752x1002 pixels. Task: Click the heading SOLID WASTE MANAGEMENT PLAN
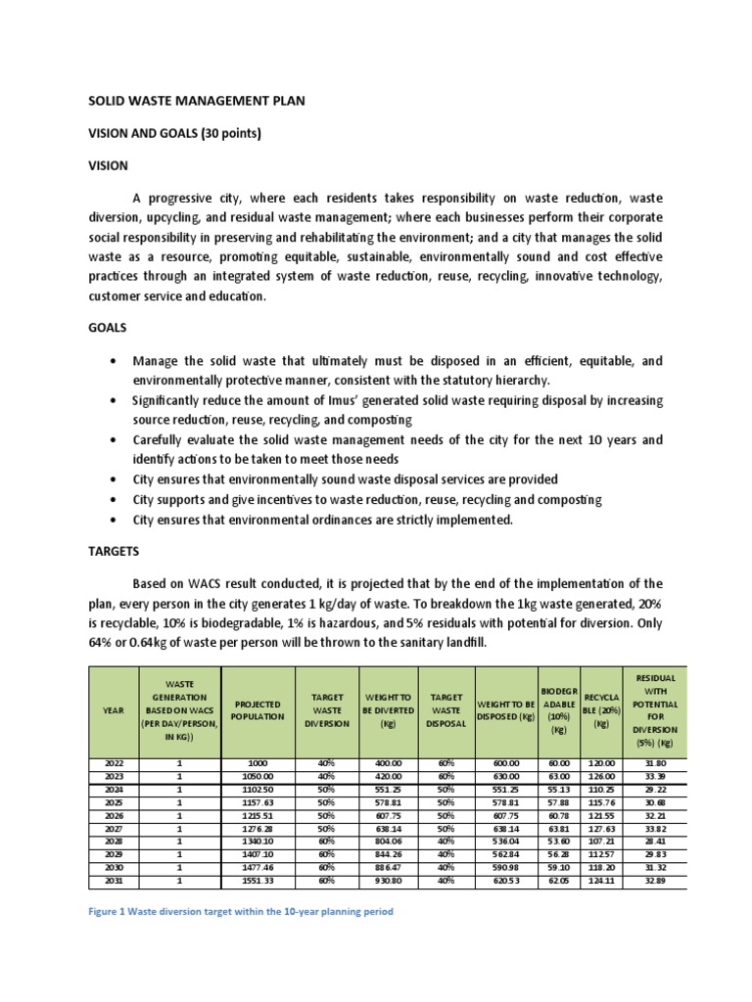pyautogui.click(x=203, y=101)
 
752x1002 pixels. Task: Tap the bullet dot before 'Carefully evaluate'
pyautogui.click(x=117, y=439)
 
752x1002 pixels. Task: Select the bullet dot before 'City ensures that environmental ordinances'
pyautogui.click(x=117, y=520)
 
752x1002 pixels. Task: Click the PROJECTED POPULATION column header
pyautogui.click(x=258, y=709)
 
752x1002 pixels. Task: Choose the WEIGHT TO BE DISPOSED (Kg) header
pyautogui.click(x=505, y=710)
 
